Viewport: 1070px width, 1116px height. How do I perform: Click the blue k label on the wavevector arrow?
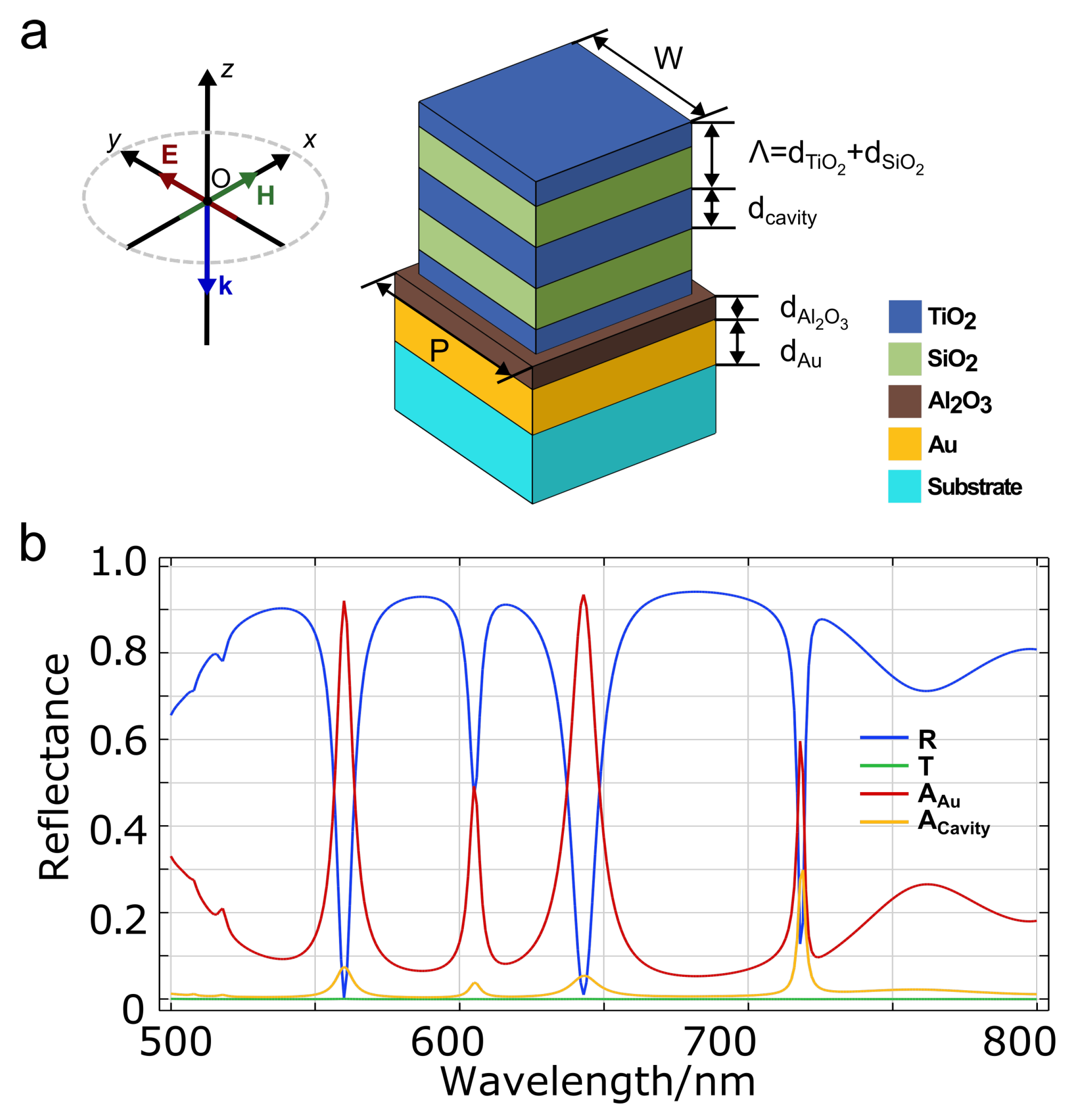click(x=226, y=286)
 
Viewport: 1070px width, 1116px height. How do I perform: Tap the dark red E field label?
click(x=170, y=155)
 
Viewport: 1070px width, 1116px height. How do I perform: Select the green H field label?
click(x=265, y=196)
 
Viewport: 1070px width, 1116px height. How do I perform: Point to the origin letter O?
click(x=221, y=179)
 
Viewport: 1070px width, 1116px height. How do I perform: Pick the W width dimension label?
click(x=668, y=58)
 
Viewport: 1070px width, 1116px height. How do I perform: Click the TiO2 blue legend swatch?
click(x=904, y=317)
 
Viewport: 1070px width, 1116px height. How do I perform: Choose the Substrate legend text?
click(x=974, y=487)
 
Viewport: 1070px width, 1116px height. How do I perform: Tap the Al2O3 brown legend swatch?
click(x=904, y=402)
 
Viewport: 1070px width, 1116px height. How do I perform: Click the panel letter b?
click(x=33, y=544)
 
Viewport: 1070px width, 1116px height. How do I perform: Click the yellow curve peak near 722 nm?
click(x=802, y=871)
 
